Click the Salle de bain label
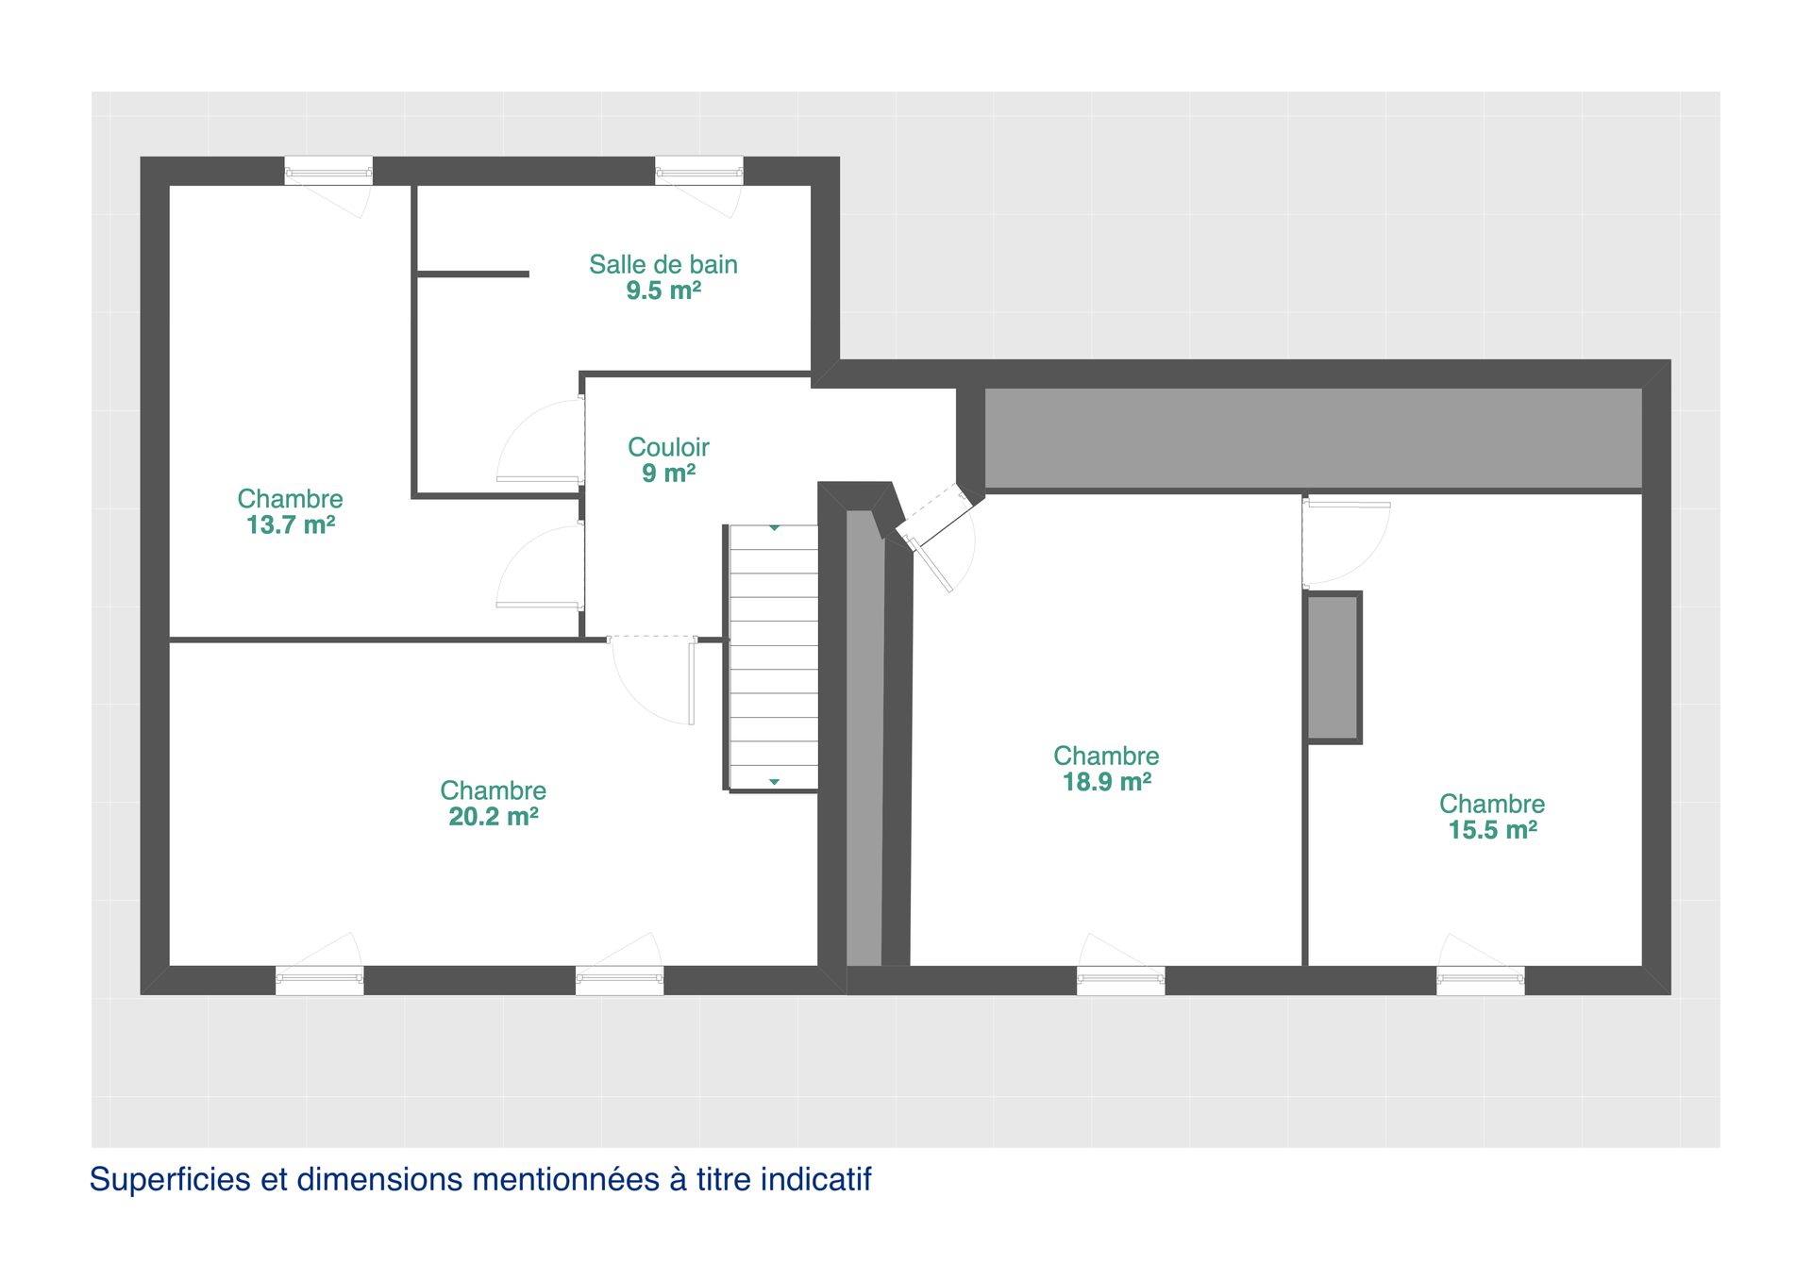click(x=663, y=265)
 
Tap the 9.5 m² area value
click(x=663, y=291)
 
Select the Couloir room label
click(x=668, y=447)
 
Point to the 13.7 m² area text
click(x=291, y=525)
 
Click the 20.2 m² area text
click(x=493, y=817)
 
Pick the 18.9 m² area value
click(x=1106, y=782)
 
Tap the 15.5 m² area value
click(x=1492, y=830)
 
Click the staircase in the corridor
click(x=773, y=657)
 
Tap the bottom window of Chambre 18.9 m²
click(x=1120, y=980)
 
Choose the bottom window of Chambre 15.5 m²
click(x=1480, y=980)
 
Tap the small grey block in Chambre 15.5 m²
click(x=1333, y=668)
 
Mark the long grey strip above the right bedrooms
click(x=1313, y=439)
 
